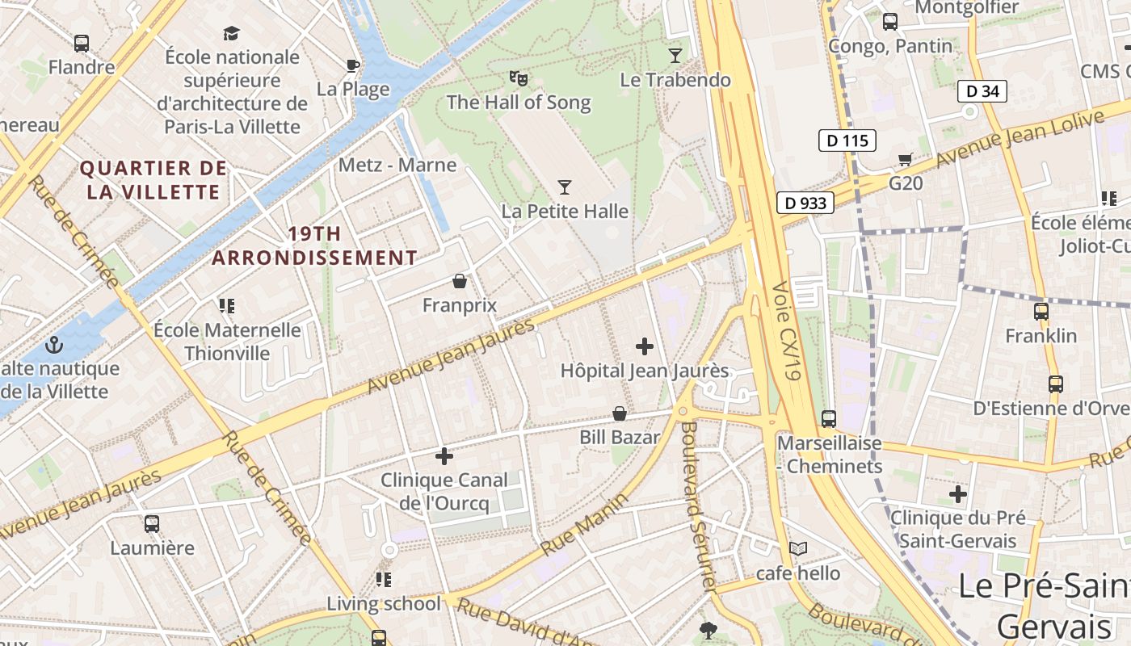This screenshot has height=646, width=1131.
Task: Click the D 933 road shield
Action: (806, 203)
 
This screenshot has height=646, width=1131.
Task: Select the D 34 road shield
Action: (982, 91)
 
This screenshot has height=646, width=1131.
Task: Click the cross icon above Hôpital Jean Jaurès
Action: (645, 346)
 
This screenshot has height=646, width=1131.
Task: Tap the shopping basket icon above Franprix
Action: (460, 281)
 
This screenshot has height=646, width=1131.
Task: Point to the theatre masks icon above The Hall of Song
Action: (519, 78)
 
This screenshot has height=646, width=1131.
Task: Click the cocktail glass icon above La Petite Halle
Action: (565, 187)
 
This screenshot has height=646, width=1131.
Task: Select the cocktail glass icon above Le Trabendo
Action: (675, 55)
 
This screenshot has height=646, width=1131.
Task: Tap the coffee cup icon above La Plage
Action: (353, 65)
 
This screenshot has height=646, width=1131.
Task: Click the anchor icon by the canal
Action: (54, 345)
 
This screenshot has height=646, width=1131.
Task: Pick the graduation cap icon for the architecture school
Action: (232, 33)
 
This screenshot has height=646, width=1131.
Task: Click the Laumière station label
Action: (152, 547)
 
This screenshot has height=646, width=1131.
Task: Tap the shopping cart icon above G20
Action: (906, 159)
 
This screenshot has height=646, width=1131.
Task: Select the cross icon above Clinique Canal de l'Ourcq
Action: (444, 456)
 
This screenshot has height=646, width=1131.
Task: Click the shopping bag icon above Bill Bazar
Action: (620, 413)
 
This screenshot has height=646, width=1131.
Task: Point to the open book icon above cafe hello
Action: (798, 549)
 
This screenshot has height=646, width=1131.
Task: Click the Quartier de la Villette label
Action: (153, 180)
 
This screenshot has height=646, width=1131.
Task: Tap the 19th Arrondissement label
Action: (314, 245)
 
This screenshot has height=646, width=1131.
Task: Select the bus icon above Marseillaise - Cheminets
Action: (829, 419)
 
